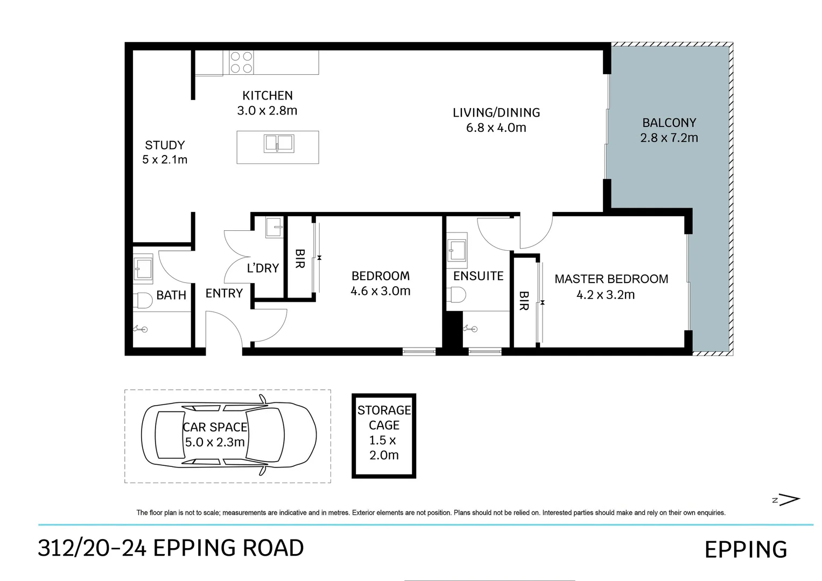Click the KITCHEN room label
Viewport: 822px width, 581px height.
[x=267, y=95]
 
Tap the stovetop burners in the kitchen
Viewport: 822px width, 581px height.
[x=241, y=62]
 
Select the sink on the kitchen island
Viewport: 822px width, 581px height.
[x=279, y=144]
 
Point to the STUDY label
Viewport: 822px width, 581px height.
[x=165, y=145]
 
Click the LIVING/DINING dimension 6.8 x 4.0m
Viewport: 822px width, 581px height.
[x=496, y=127]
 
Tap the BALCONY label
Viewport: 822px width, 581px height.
[x=669, y=122]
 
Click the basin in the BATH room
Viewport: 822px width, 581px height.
[x=143, y=269]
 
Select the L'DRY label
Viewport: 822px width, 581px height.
[x=263, y=268]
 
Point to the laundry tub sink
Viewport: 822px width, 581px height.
[x=274, y=228]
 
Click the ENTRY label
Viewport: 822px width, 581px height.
[x=224, y=293]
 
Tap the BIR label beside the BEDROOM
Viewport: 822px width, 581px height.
[x=300, y=259]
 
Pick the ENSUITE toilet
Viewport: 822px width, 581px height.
[x=456, y=295]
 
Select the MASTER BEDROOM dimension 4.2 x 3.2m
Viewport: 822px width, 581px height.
[x=606, y=295]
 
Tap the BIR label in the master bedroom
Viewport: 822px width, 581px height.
[x=524, y=301]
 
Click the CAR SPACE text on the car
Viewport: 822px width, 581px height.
[x=215, y=427]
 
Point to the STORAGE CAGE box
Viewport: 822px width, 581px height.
[x=384, y=436]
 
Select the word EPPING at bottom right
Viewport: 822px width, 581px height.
[x=746, y=549]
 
